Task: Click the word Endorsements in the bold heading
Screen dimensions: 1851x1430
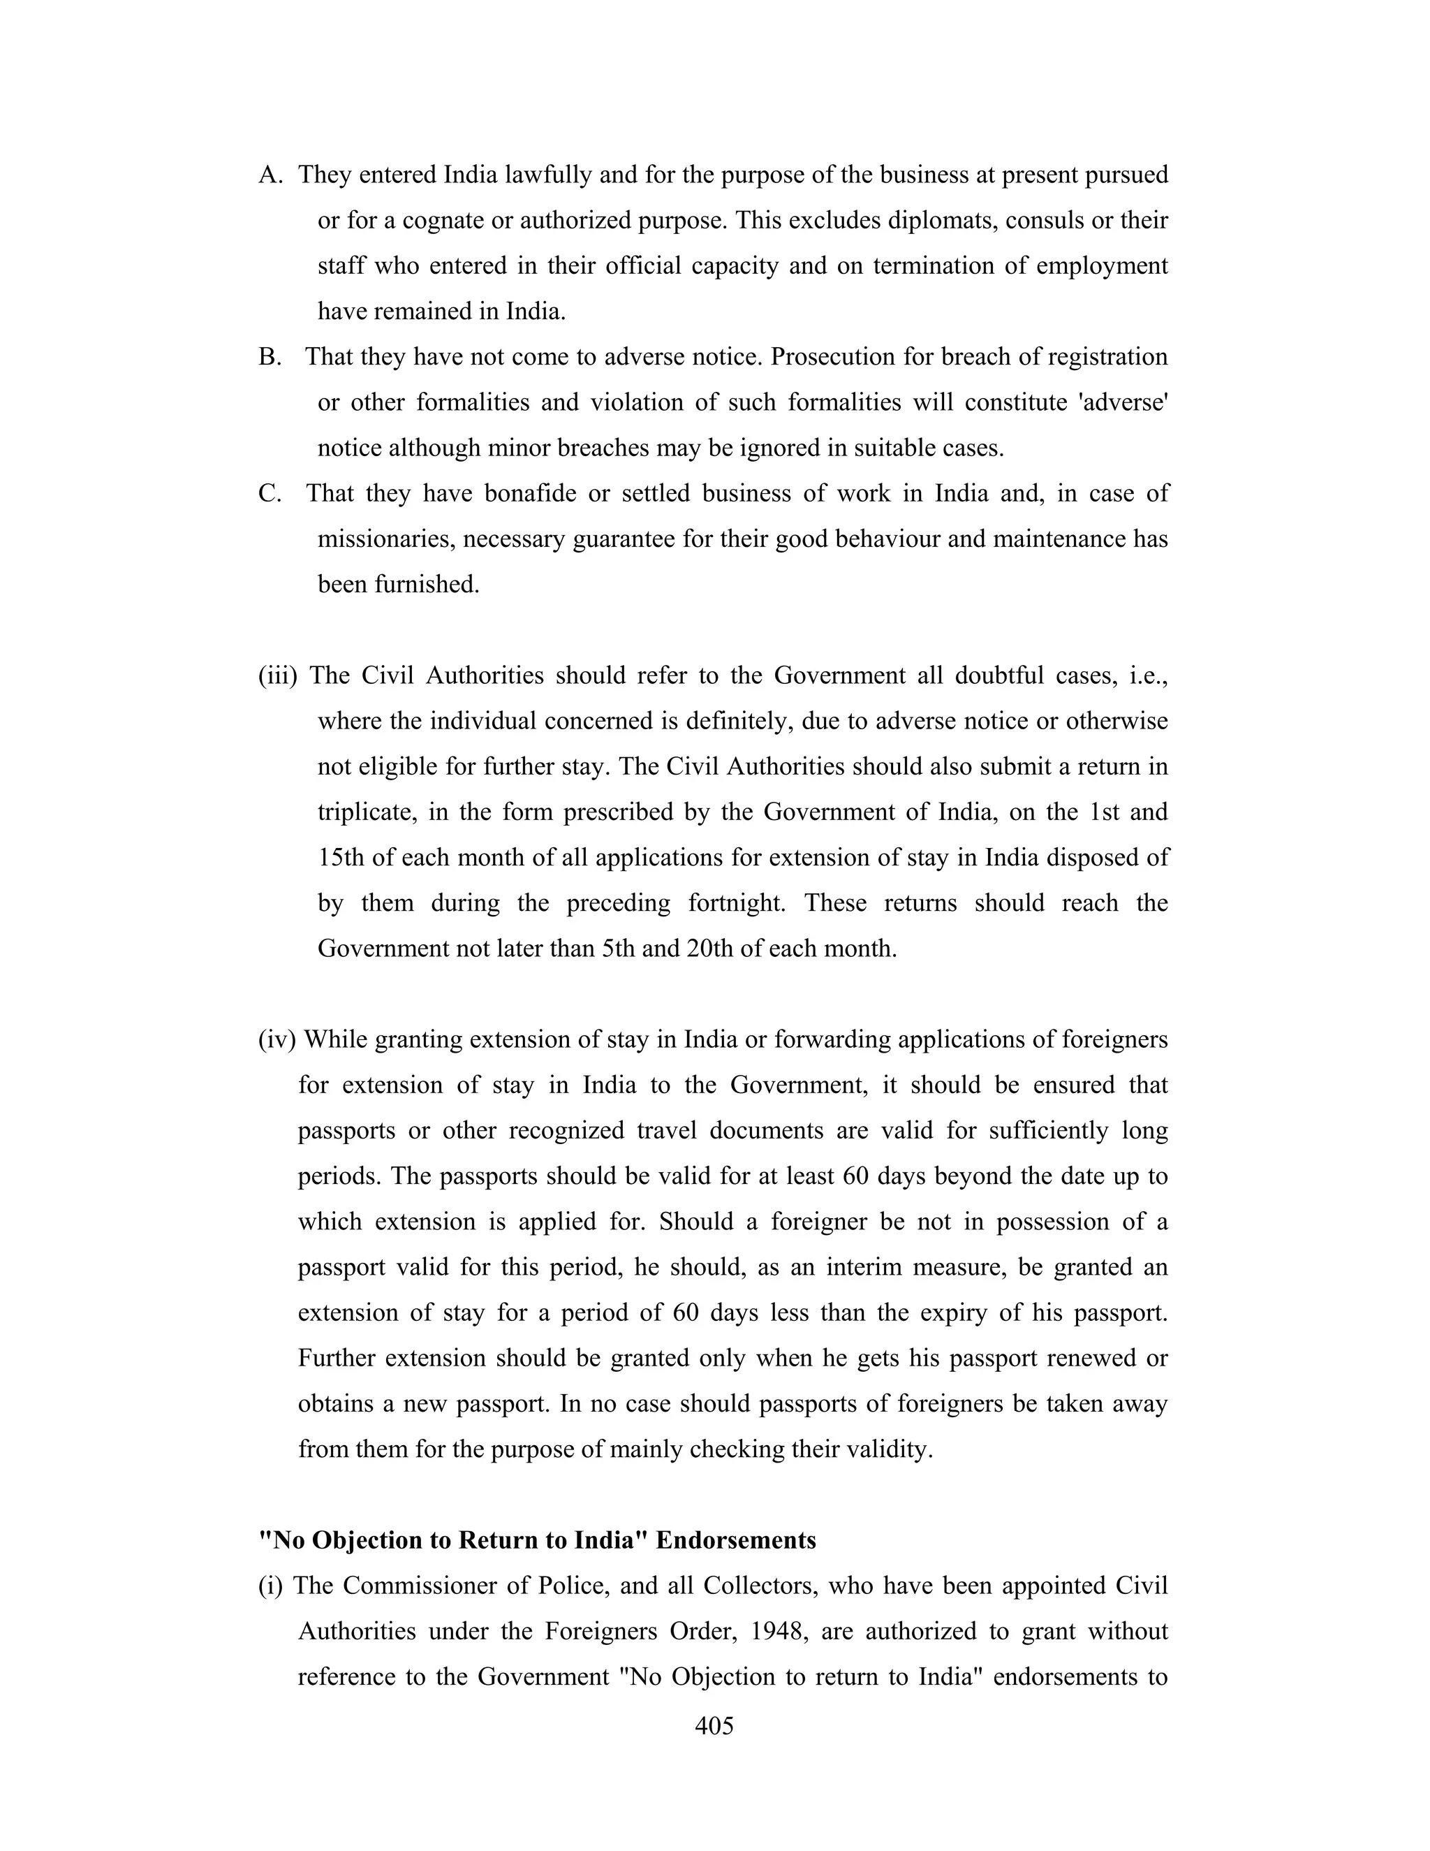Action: (x=735, y=1540)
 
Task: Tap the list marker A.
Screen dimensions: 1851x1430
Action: (x=270, y=175)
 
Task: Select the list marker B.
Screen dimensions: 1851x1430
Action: (x=270, y=357)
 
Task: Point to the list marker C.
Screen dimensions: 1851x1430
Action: (x=270, y=493)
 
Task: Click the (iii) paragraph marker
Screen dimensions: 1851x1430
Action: (x=278, y=675)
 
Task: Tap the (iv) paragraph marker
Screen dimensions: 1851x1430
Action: (x=277, y=1039)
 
